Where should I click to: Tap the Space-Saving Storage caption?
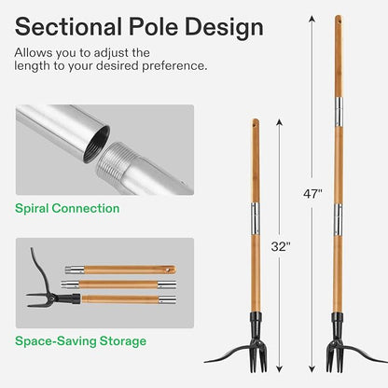tap(80, 341)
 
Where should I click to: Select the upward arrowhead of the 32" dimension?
tap(277, 120)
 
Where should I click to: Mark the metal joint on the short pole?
tap(254, 209)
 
